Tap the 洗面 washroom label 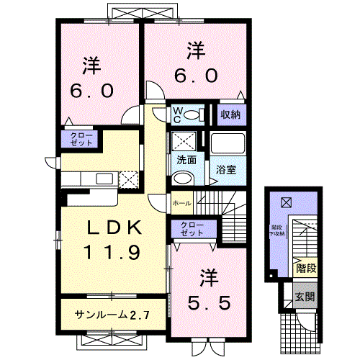coord(184,160)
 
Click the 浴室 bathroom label coord(225,170)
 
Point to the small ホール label coord(181,204)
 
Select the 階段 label coord(305,269)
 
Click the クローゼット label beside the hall coord(192,230)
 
